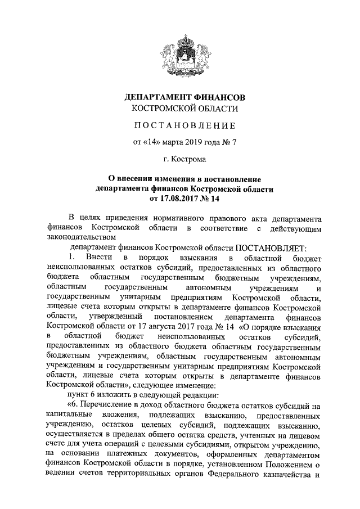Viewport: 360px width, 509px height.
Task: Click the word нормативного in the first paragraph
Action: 190,218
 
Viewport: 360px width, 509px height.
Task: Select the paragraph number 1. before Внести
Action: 71,257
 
